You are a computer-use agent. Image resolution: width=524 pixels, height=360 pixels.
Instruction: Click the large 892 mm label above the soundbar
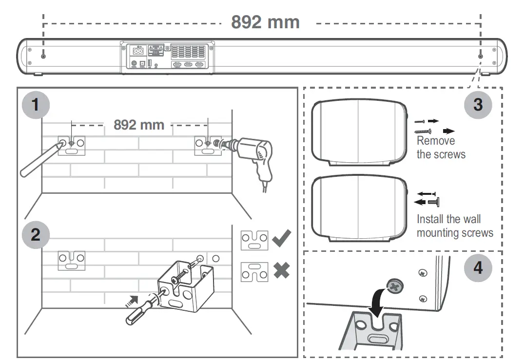point(265,22)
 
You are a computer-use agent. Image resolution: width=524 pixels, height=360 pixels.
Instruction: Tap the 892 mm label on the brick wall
point(139,125)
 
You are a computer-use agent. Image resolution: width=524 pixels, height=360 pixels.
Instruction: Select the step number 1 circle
point(36,105)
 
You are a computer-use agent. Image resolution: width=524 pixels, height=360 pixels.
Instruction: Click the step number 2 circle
point(36,235)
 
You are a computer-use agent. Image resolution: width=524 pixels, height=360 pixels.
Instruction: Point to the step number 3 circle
point(478,105)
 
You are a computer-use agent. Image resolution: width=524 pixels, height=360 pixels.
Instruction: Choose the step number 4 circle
point(478,267)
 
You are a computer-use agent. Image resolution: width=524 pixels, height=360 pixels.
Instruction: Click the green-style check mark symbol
point(282,238)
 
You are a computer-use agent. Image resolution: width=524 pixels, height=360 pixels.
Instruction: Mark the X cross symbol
point(281,271)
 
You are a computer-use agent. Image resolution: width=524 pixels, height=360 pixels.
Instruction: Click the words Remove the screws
point(441,148)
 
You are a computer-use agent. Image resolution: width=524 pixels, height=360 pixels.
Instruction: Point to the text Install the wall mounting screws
point(454,226)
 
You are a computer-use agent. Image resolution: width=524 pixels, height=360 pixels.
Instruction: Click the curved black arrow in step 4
point(375,300)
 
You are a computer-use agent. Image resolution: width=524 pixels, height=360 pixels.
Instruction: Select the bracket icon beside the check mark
point(254,239)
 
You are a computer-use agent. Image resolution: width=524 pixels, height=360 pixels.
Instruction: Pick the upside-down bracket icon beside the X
point(254,271)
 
